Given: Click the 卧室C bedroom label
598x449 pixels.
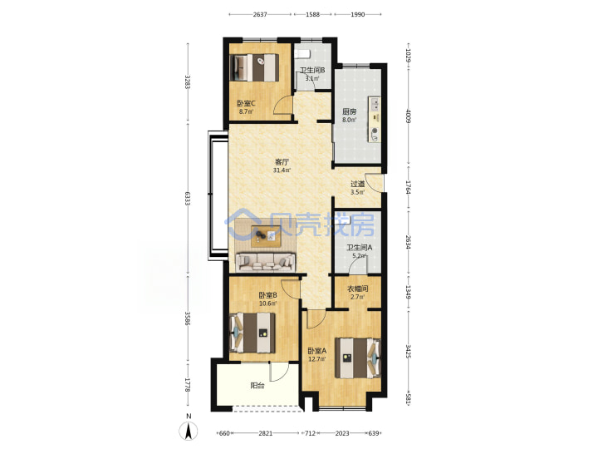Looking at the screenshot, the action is (246, 103).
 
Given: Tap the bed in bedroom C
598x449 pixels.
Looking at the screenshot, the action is (254, 67).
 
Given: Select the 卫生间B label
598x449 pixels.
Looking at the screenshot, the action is (312, 70).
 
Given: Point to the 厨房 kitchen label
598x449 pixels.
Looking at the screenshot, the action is (350, 111).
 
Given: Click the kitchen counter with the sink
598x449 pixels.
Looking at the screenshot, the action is (374, 119).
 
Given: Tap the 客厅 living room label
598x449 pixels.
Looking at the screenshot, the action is (282, 162).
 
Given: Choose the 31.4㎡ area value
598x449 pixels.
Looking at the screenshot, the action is (282, 170).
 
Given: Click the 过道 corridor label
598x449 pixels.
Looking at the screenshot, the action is (357, 184).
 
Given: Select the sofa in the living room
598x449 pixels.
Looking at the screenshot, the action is (266, 262).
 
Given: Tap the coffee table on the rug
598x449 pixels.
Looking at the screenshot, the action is (266, 236).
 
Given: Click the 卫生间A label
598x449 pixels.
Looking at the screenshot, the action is (360, 248).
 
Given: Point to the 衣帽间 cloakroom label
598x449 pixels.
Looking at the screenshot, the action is (357, 289).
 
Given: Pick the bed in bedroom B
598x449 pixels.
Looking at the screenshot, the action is (252, 333).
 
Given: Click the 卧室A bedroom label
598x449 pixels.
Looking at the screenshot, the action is (317, 351).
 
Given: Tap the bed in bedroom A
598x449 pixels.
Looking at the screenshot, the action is (358, 358).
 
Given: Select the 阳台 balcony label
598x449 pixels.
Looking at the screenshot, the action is (257, 386).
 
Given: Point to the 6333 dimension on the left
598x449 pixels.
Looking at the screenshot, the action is (187, 198).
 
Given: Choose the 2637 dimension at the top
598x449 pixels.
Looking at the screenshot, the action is (260, 14).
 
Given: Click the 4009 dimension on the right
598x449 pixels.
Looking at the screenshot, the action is (408, 116).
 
